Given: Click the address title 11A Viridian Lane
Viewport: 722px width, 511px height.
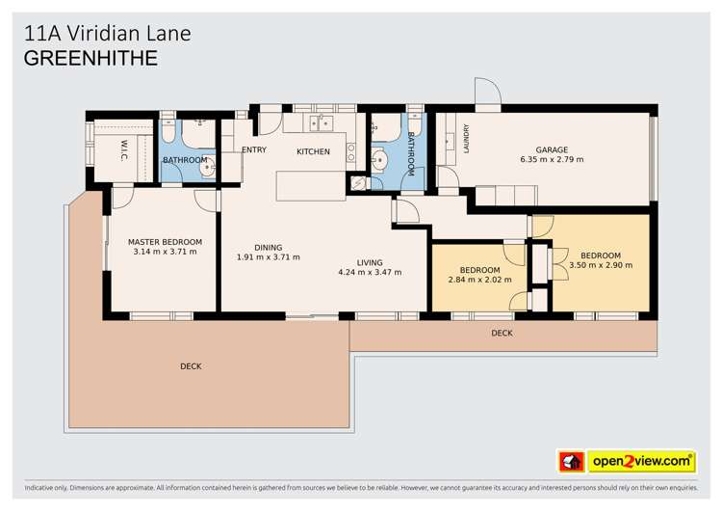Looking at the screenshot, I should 107,33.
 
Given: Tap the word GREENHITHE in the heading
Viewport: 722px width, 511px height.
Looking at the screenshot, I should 90,58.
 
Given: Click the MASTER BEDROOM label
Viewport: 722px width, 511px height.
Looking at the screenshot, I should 166,241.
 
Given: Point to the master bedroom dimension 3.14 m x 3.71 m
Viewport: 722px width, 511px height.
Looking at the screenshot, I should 166,252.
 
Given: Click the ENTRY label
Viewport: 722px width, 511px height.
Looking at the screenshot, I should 254,149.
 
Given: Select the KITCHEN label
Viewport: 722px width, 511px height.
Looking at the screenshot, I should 313,151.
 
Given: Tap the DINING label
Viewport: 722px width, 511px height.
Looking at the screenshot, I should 268,247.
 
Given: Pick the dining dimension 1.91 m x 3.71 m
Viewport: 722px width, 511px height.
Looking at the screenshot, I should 268,257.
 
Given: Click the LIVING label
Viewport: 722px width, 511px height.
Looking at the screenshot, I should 370,262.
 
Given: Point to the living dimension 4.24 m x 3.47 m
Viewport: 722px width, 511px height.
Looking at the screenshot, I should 370,273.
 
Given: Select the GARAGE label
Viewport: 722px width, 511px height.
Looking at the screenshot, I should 552,149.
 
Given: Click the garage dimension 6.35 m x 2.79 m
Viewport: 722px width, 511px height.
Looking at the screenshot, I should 552,160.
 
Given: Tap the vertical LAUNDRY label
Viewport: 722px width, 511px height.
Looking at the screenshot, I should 466,139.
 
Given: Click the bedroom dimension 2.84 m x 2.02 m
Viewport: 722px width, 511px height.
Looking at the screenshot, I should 479,281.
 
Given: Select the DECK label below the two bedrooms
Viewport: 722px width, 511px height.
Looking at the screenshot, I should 502,334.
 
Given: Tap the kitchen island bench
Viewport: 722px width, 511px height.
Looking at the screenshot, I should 310,185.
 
